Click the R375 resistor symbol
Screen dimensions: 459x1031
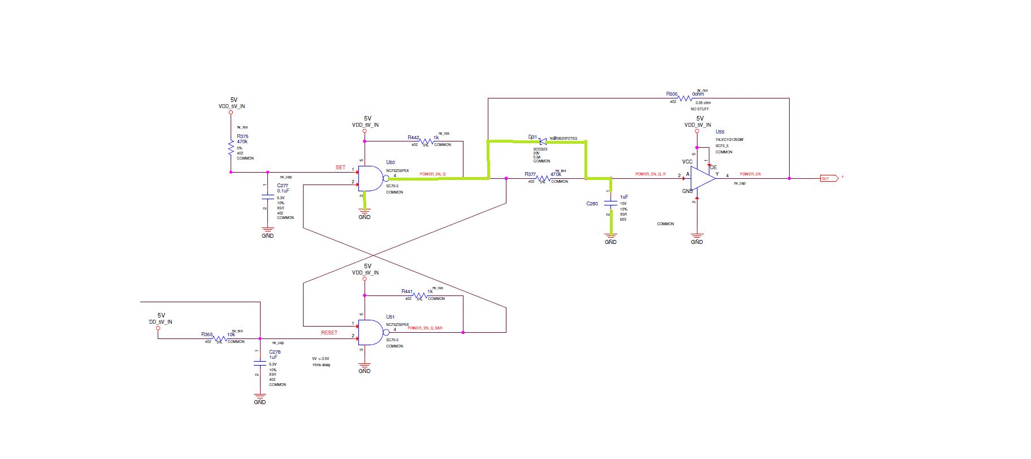(x=231, y=148)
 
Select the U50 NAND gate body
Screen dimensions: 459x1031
(x=370, y=178)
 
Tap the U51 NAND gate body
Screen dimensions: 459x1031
(x=370, y=332)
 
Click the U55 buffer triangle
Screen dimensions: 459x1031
(x=703, y=178)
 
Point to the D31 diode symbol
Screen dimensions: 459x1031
(x=543, y=140)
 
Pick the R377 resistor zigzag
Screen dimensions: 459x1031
(x=543, y=178)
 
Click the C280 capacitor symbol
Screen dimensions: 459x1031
(x=610, y=202)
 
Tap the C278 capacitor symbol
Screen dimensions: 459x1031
(x=259, y=362)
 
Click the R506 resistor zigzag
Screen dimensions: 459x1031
(x=685, y=98)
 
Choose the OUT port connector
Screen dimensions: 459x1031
(x=828, y=179)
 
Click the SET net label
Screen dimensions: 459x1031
(x=340, y=168)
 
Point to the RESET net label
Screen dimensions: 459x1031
(x=329, y=333)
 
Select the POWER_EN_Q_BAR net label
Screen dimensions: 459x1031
(x=425, y=328)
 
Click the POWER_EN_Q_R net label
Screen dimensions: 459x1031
(x=650, y=174)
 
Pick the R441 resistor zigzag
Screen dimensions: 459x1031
(x=420, y=295)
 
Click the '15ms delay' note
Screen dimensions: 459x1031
(x=321, y=365)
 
